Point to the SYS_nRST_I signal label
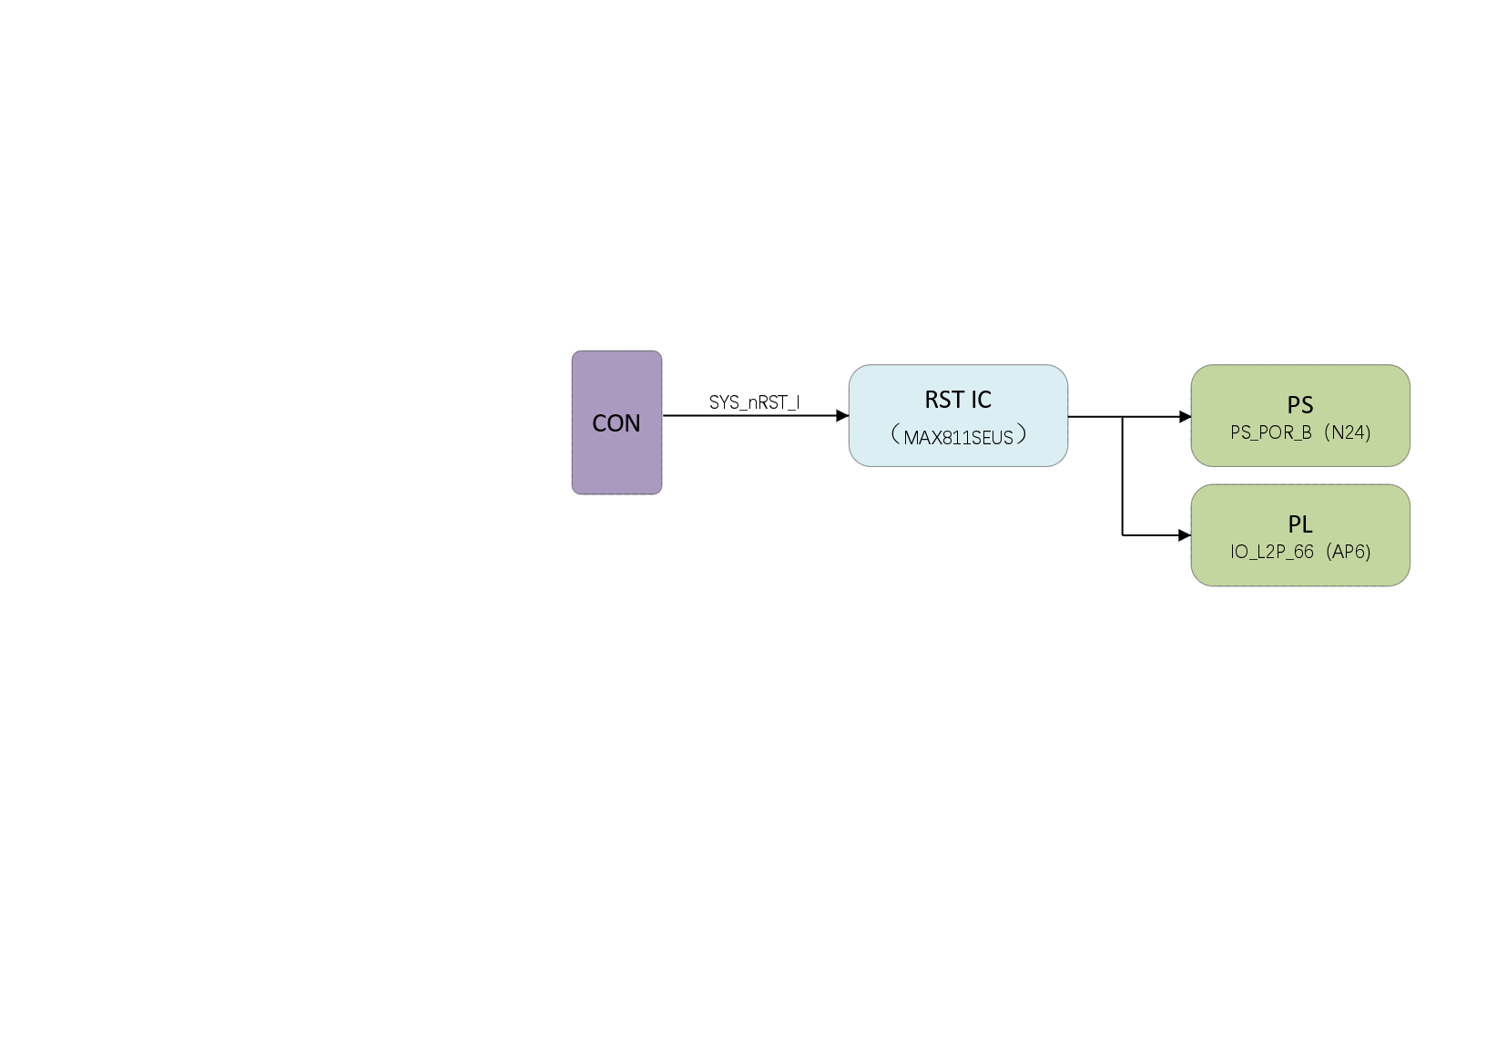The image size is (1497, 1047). pyautogui.click(x=754, y=402)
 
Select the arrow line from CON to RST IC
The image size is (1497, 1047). pyautogui.click(x=747, y=416)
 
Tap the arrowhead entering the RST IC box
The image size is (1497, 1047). pyautogui.click(x=842, y=416)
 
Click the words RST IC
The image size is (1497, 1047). pyautogui.click(x=958, y=400)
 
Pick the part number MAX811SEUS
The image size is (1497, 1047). pyautogui.click(x=958, y=438)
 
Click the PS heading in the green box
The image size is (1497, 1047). pyautogui.click(x=1300, y=405)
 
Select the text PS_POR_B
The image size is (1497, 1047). pyautogui.click(x=1271, y=432)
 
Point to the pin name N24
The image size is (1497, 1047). pyautogui.click(x=1349, y=432)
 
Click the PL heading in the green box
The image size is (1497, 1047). pyautogui.click(x=1300, y=524)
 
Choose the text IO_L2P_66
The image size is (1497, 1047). pyautogui.click(x=1272, y=552)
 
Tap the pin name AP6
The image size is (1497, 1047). pyautogui.click(x=1349, y=552)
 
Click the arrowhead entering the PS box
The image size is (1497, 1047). pyautogui.click(x=1185, y=417)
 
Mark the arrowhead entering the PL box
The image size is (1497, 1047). pyautogui.click(x=1185, y=535)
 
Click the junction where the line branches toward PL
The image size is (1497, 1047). pyautogui.click(x=1123, y=417)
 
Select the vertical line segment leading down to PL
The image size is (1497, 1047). pyautogui.click(x=1123, y=478)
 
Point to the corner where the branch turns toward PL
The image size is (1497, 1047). pyautogui.click(x=1123, y=535)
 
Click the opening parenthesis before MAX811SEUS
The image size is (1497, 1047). pyautogui.click(x=895, y=435)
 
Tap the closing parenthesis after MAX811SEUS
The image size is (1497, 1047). pyautogui.click(x=1022, y=435)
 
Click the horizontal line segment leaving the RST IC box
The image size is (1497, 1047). pyautogui.click(x=1095, y=417)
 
